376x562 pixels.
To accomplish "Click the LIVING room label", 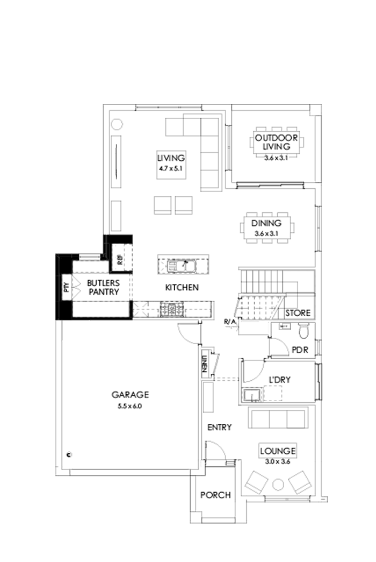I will tap(171, 158).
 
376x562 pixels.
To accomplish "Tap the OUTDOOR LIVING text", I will tap(273, 141).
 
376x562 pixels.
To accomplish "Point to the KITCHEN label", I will tap(182, 288).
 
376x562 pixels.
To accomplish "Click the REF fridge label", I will tap(120, 260).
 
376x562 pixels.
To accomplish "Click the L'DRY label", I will tap(279, 380).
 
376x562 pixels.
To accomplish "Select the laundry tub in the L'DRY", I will tap(250, 396).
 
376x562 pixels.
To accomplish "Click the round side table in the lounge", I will tap(278, 484).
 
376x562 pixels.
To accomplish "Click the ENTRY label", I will tap(220, 428).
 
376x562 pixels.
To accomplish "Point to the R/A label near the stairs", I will tap(229, 322).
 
